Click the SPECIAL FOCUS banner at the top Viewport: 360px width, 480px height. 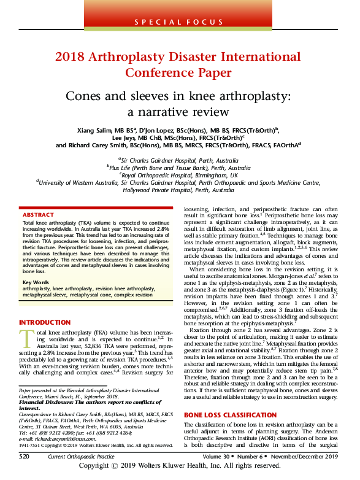point(180,21)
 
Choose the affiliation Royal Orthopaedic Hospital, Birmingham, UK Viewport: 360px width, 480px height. point(180,174)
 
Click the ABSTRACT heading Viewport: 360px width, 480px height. point(38,215)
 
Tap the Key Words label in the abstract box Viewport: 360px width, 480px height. point(35,281)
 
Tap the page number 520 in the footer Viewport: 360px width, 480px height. point(25,457)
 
